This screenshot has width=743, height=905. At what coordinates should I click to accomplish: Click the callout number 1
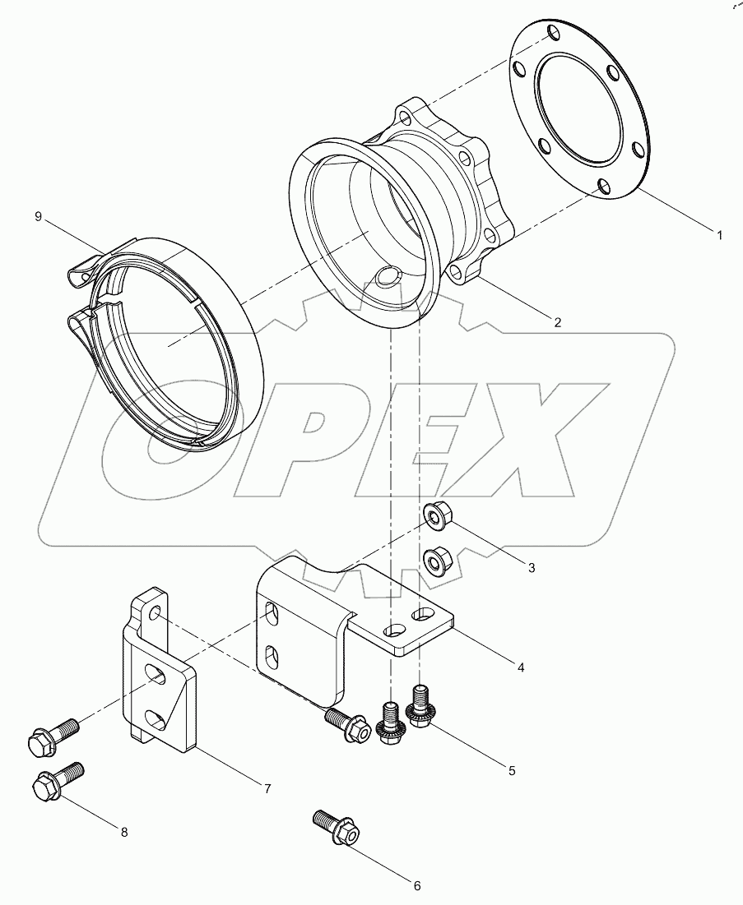point(718,235)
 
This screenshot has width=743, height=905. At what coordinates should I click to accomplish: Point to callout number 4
point(521,667)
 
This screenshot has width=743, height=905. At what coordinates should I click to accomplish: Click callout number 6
point(416,886)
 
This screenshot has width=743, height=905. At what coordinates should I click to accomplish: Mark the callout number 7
point(267,788)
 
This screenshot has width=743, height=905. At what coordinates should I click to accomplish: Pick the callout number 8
point(124,833)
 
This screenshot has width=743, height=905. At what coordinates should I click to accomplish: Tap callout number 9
point(38,216)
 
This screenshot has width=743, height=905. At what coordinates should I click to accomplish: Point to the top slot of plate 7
point(156,672)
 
